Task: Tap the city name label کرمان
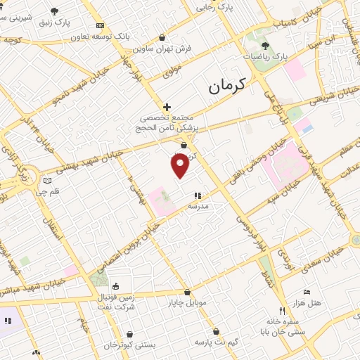[229, 87]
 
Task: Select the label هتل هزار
[307, 303]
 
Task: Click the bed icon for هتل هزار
[306, 292]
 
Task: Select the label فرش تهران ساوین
[162, 51]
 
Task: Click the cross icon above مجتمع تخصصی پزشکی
[166, 106]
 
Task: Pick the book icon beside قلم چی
[47, 179]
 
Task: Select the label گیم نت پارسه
[215, 342]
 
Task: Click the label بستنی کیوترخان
[109, 346]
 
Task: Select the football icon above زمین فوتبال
[117, 286]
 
